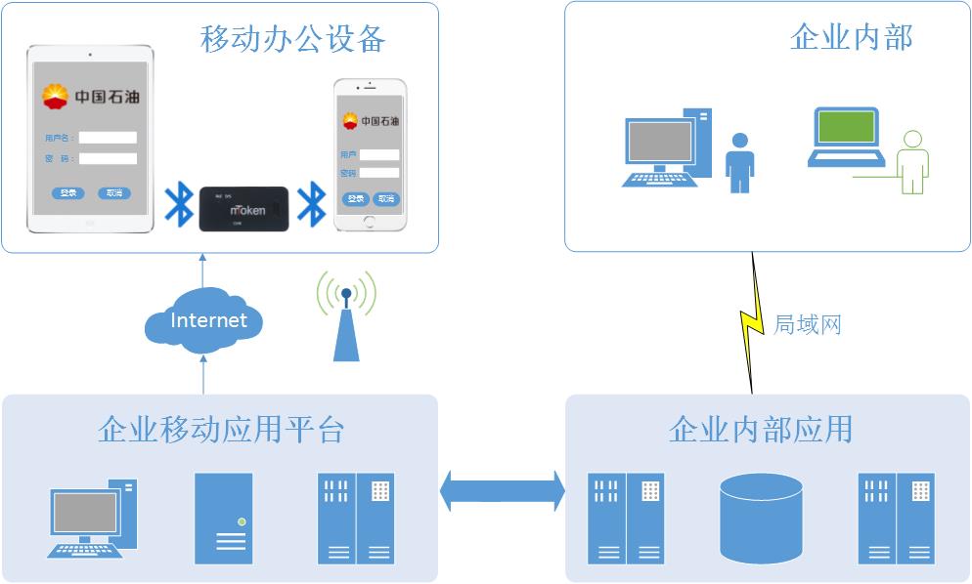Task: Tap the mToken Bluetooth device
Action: (x=243, y=209)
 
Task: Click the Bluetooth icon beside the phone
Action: (x=311, y=203)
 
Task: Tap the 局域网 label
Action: (x=807, y=324)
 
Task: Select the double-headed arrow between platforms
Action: (x=502, y=490)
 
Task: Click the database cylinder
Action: (x=761, y=519)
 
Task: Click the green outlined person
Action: (x=913, y=162)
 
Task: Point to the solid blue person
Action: (x=739, y=162)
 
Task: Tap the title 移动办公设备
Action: (x=293, y=38)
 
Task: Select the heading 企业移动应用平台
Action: (x=221, y=429)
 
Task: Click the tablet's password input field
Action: (x=108, y=158)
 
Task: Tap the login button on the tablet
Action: (x=67, y=193)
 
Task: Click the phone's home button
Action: (x=370, y=221)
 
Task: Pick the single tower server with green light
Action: (x=223, y=518)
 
